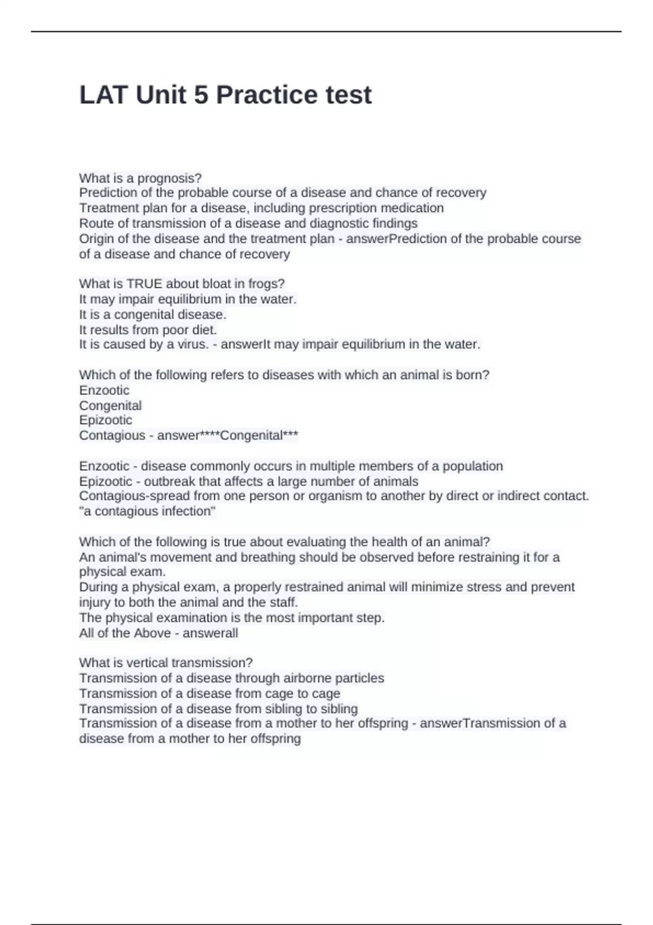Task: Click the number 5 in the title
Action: (x=200, y=95)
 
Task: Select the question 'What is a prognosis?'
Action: (x=140, y=178)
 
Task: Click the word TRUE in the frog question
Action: (x=144, y=283)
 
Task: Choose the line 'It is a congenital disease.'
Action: (x=152, y=314)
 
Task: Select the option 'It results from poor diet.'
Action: (x=148, y=330)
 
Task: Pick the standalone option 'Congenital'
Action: (x=110, y=405)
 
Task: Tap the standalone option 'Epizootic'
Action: (x=106, y=420)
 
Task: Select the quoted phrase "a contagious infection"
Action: (x=147, y=511)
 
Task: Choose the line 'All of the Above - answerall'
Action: (x=158, y=633)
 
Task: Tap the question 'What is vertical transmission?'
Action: (x=166, y=663)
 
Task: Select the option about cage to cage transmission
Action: (x=210, y=693)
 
